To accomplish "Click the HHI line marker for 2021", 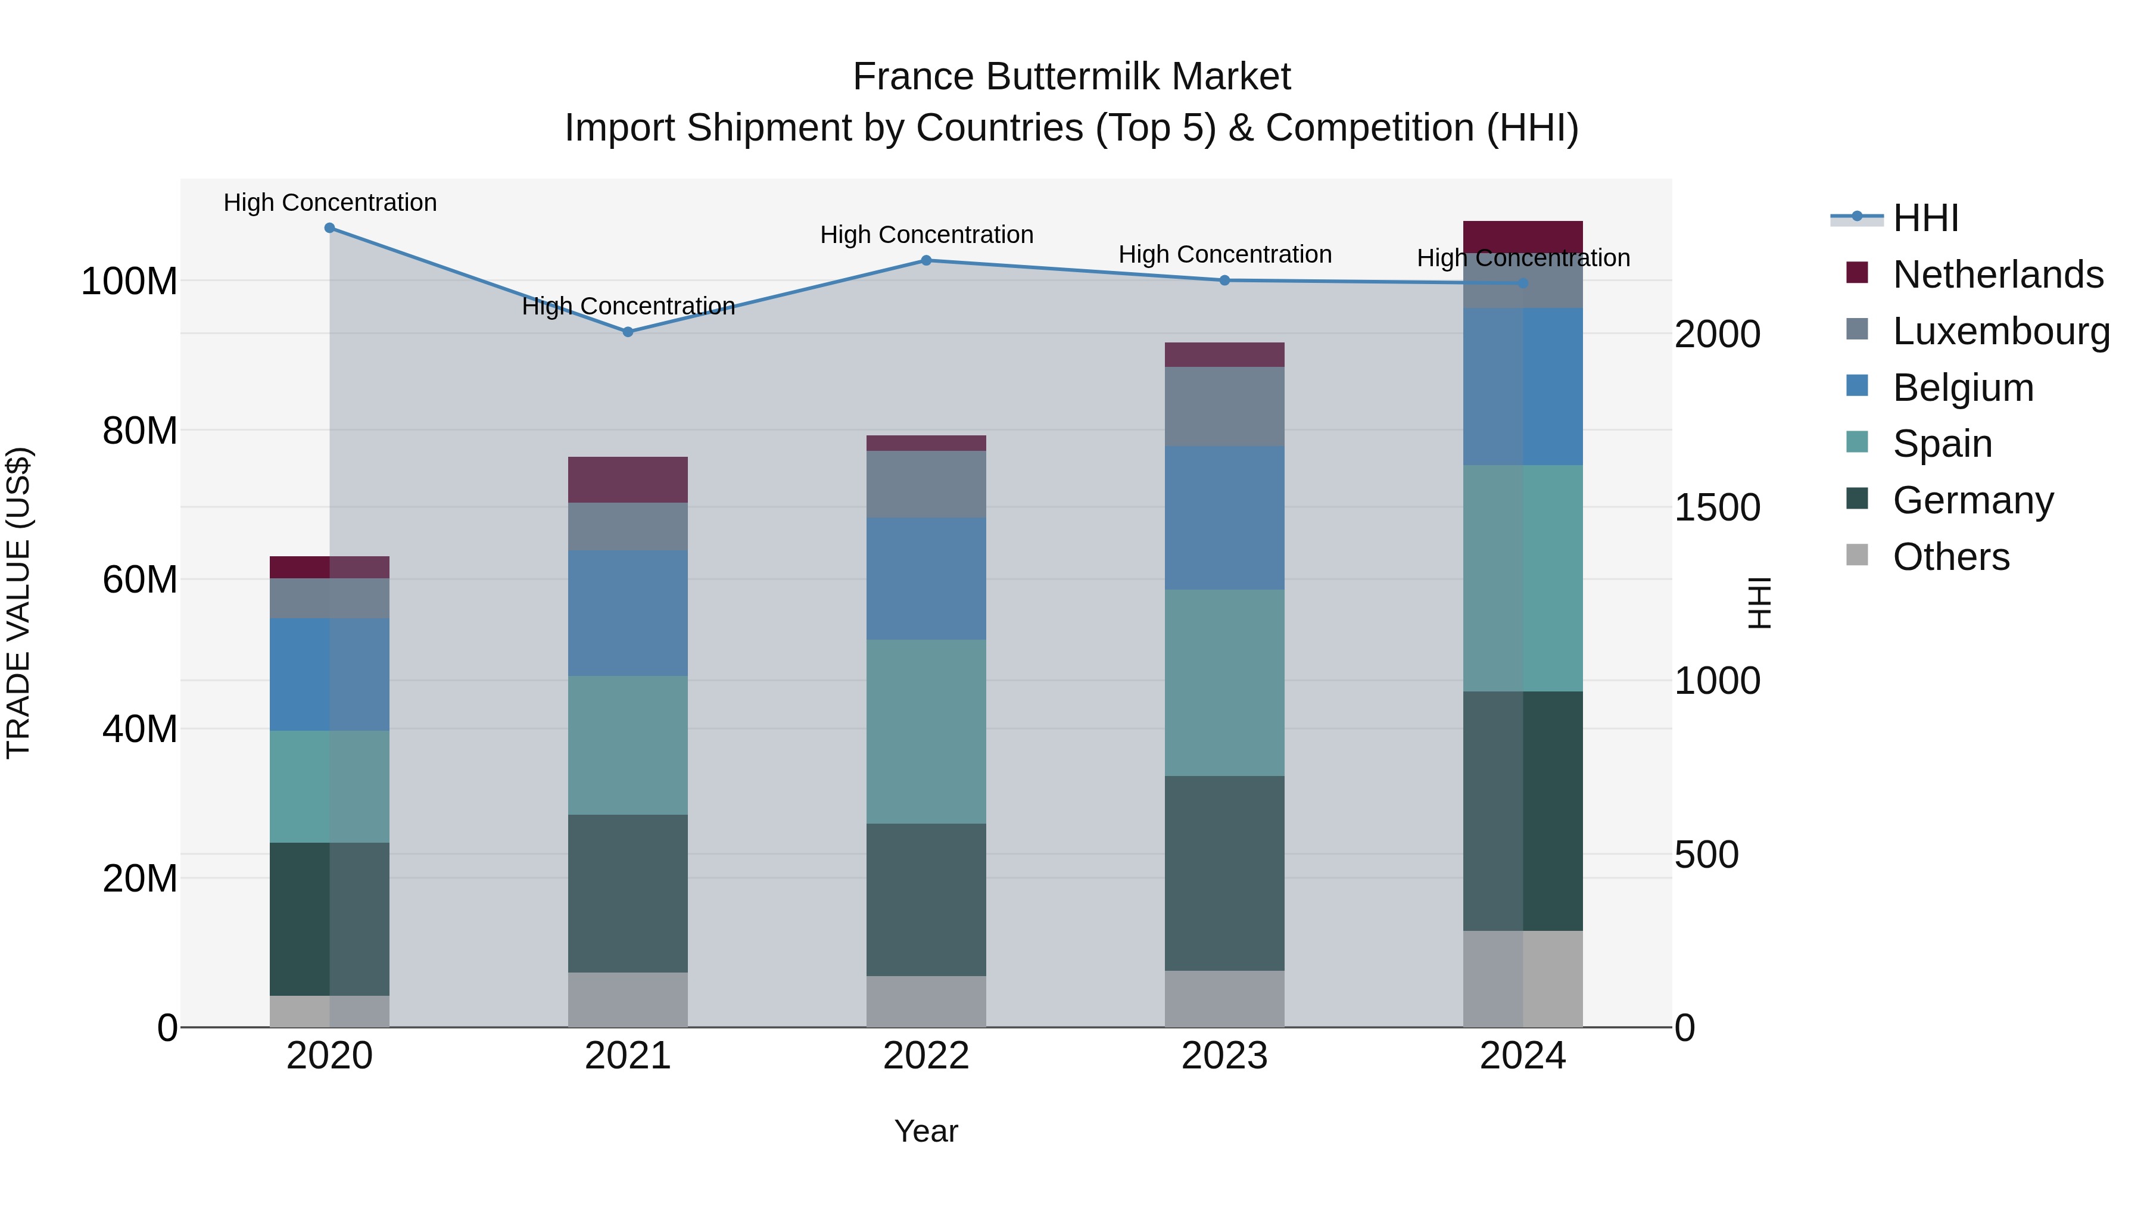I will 628,331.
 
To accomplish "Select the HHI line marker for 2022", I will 926,260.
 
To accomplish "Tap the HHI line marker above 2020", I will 329,228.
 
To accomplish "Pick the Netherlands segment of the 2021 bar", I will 628,479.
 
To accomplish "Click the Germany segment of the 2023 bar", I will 1224,873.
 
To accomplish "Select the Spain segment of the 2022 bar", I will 926,731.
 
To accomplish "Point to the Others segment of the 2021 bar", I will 628,999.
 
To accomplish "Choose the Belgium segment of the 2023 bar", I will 1224,518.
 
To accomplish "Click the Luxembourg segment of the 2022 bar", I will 926,484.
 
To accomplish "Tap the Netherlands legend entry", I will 1997,274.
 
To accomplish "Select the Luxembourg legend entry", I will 2001,331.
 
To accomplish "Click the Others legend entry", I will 1951,556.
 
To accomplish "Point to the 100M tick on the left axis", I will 129,281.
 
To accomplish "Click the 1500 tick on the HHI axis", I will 1717,507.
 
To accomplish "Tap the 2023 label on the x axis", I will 1224,1056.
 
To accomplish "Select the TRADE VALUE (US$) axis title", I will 18,603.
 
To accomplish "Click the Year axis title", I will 926,1131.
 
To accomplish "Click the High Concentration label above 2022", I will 926,235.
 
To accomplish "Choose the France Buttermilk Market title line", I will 1071,77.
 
